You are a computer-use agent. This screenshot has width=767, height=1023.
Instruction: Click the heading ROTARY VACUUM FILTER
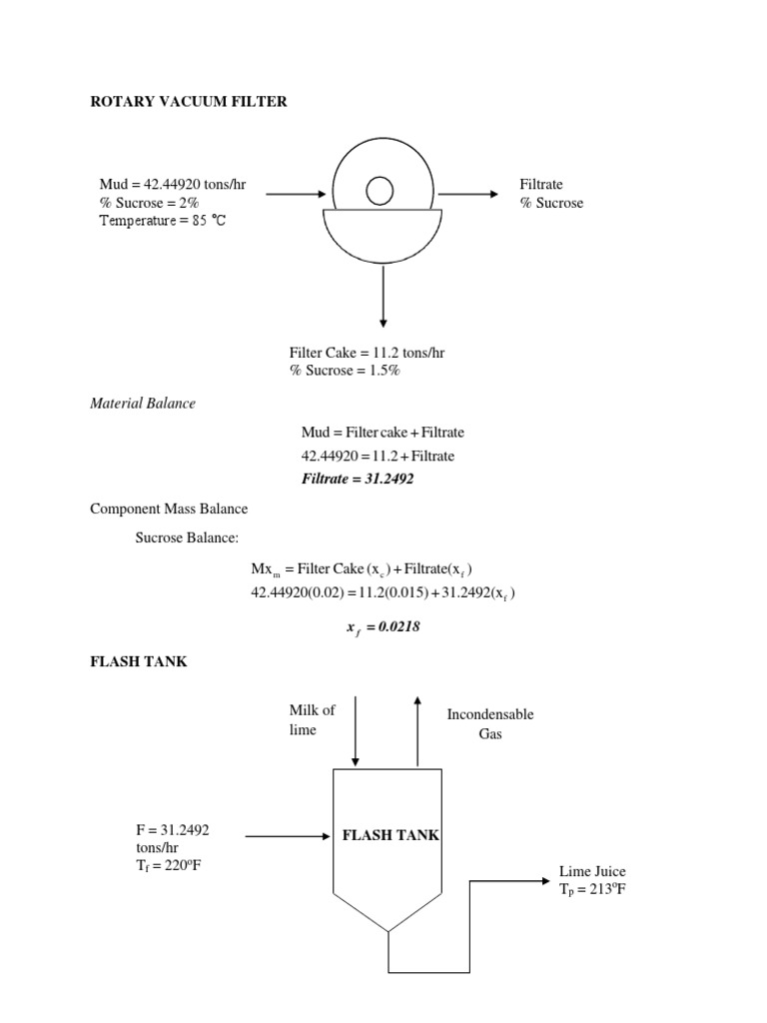[189, 102]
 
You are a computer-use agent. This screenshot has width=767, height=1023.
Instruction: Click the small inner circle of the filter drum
[380, 189]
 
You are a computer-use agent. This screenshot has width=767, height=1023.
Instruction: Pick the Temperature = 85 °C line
[163, 221]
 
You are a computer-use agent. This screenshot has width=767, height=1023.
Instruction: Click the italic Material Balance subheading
[143, 403]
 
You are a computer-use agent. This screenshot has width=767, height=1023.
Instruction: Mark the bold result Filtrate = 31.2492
[358, 479]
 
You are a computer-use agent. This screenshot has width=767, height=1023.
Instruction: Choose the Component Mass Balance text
[169, 509]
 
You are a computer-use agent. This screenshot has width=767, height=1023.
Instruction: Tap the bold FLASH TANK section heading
[139, 662]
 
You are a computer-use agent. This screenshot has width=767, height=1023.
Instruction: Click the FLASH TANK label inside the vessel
[390, 835]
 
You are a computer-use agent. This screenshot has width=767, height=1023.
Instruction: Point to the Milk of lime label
[312, 719]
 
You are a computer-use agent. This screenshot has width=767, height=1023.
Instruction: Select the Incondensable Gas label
[490, 724]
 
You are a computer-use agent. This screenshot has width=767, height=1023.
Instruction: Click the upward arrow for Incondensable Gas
[417, 729]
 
